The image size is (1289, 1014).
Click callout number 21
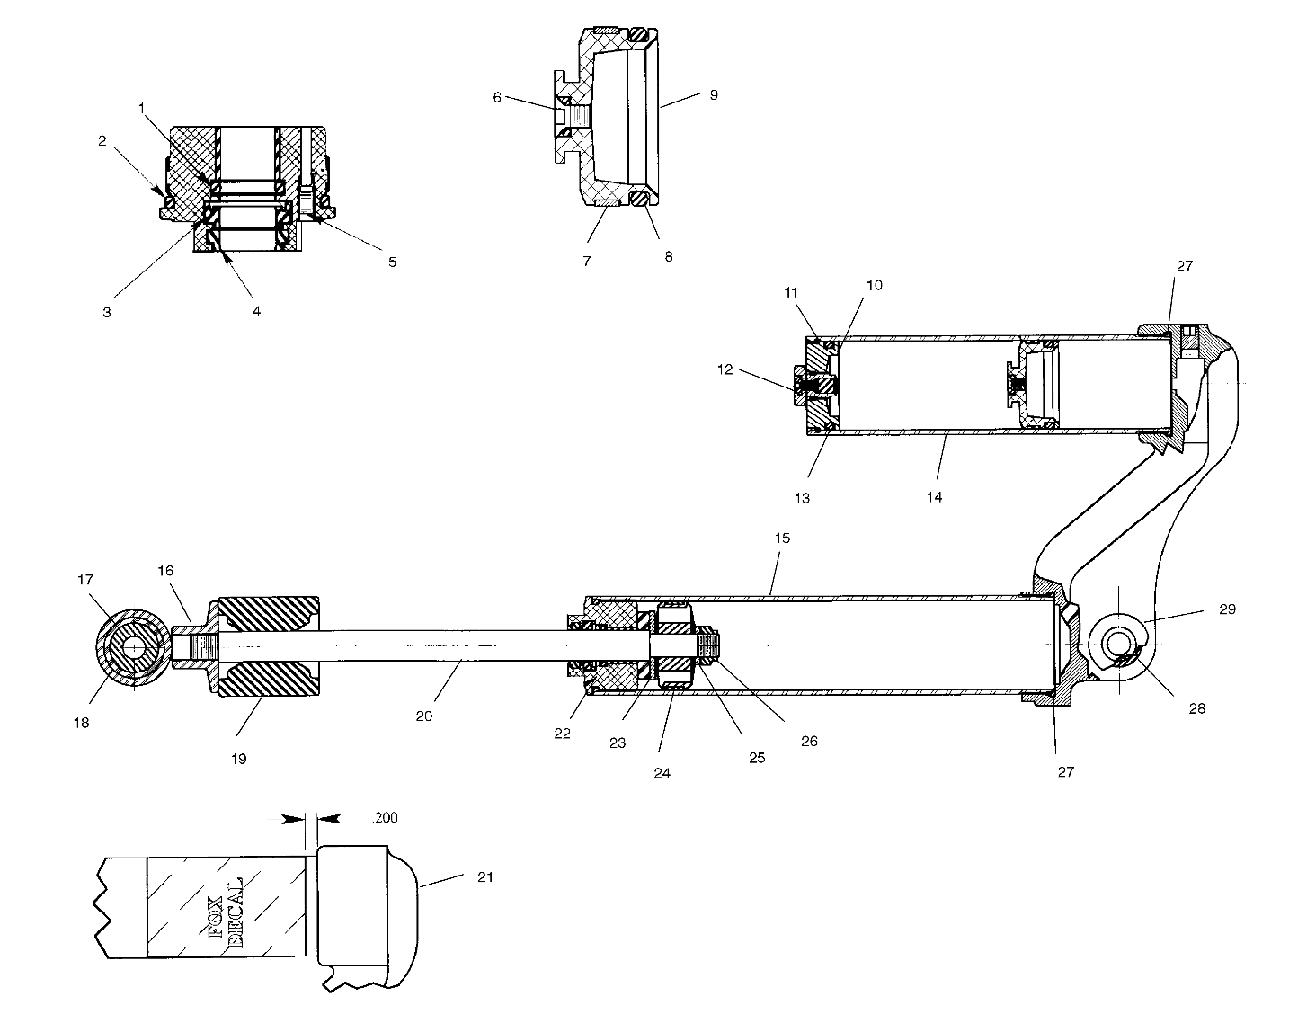click(486, 876)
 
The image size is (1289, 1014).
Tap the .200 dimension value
click(384, 818)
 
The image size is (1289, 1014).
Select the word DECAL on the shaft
click(236, 910)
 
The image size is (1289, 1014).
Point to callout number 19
click(237, 758)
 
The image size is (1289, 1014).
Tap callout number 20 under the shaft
click(423, 716)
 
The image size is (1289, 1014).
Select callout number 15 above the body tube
click(781, 538)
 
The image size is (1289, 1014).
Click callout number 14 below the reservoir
click(934, 496)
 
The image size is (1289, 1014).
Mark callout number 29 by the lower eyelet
click(1227, 609)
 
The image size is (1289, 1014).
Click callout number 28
click(1196, 707)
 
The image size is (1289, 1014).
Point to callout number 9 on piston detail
click(713, 93)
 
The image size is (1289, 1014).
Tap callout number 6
click(497, 97)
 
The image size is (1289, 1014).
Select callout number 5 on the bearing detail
click(392, 262)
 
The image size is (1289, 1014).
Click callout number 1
click(141, 107)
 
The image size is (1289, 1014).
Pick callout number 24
click(662, 773)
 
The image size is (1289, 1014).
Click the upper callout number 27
click(1185, 266)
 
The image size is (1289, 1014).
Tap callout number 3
click(107, 312)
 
